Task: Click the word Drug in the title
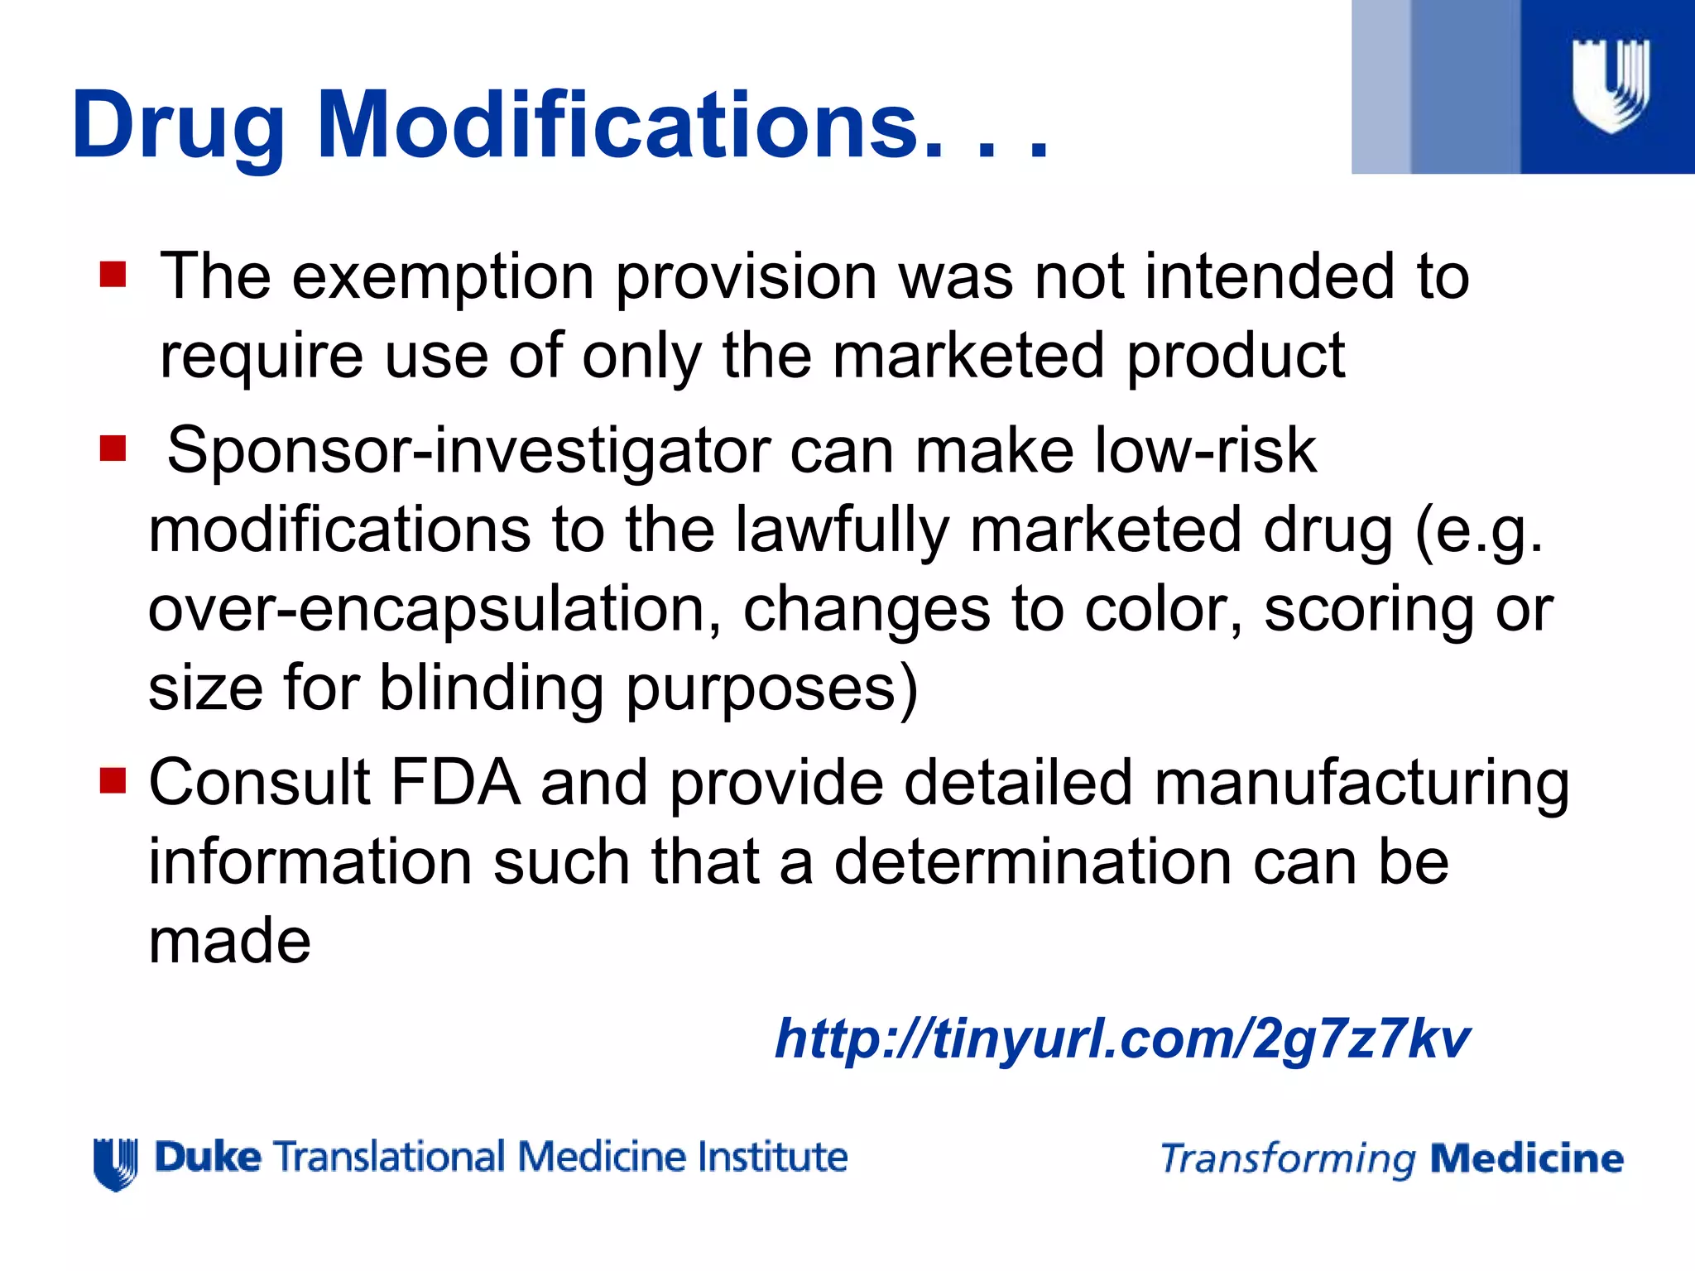click(x=178, y=126)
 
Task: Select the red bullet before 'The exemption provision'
click(x=113, y=275)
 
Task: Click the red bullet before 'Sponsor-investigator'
click(x=113, y=449)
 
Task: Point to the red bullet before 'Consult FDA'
click(x=113, y=780)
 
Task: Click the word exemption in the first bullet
click(x=443, y=277)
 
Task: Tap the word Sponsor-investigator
click(x=468, y=451)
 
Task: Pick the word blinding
click(x=492, y=688)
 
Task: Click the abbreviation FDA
click(x=455, y=782)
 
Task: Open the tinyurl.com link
click(x=1121, y=1038)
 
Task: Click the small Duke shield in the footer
click(x=115, y=1163)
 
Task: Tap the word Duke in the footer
click(x=208, y=1157)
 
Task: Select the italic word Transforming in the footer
click(x=1288, y=1159)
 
